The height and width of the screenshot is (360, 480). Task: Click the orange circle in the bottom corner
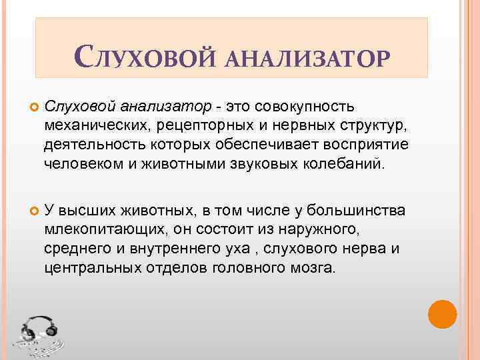point(441,314)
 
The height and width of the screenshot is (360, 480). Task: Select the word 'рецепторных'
point(203,125)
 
